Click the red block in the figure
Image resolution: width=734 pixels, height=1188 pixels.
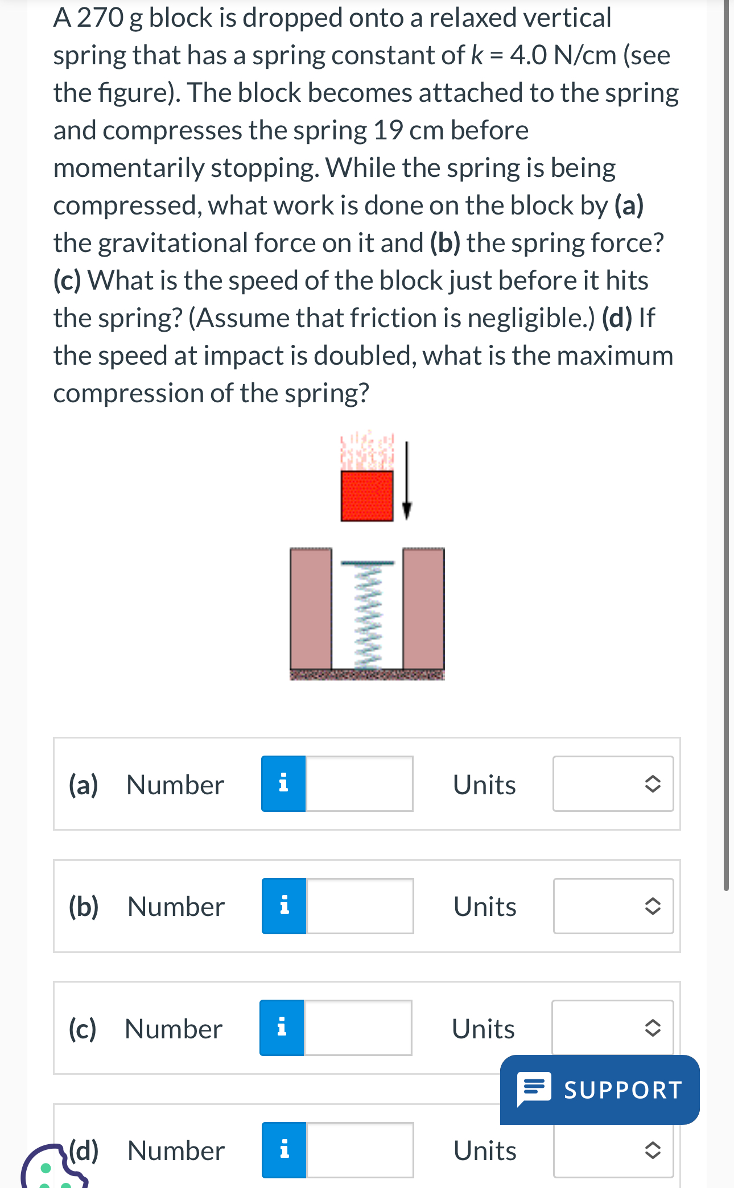pyautogui.click(x=367, y=495)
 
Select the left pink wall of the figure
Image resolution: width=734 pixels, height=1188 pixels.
pyautogui.click(x=311, y=609)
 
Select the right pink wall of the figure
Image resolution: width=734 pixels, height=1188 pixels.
pyautogui.click(x=424, y=609)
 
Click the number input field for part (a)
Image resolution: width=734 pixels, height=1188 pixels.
pyautogui.click(x=359, y=784)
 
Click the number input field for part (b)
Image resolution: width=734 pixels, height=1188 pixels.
pyautogui.click(x=360, y=906)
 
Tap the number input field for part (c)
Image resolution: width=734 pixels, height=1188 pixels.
pyautogui.click(x=358, y=1028)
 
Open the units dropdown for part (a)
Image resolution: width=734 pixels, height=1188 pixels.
pyautogui.click(x=613, y=784)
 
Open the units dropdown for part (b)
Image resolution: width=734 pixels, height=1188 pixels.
pyautogui.click(x=613, y=906)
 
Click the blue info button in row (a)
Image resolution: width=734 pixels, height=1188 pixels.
pyautogui.click(x=283, y=784)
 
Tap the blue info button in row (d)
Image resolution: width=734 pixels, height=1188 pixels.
pyautogui.click(x=284, y=1150)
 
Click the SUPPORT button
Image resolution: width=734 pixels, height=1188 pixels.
pyautogui.click(x=600, y=1090)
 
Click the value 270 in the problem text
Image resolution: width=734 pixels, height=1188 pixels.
pyautogui.click(x=100, y=18)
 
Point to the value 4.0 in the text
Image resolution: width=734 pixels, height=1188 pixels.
pyautogui.click(x=528, y=56)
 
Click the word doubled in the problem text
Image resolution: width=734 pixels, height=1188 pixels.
pyautogui.click(x=364, y=356)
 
